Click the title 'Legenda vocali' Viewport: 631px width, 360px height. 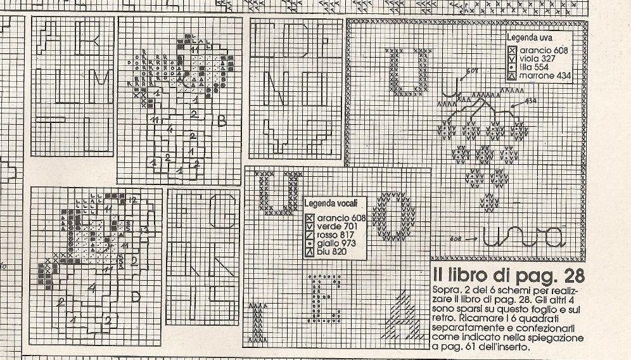click(x=331, y=203)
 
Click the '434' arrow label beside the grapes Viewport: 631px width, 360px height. click(x=531, y=101)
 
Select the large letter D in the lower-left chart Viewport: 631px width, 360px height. click(x=135, y=296)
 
